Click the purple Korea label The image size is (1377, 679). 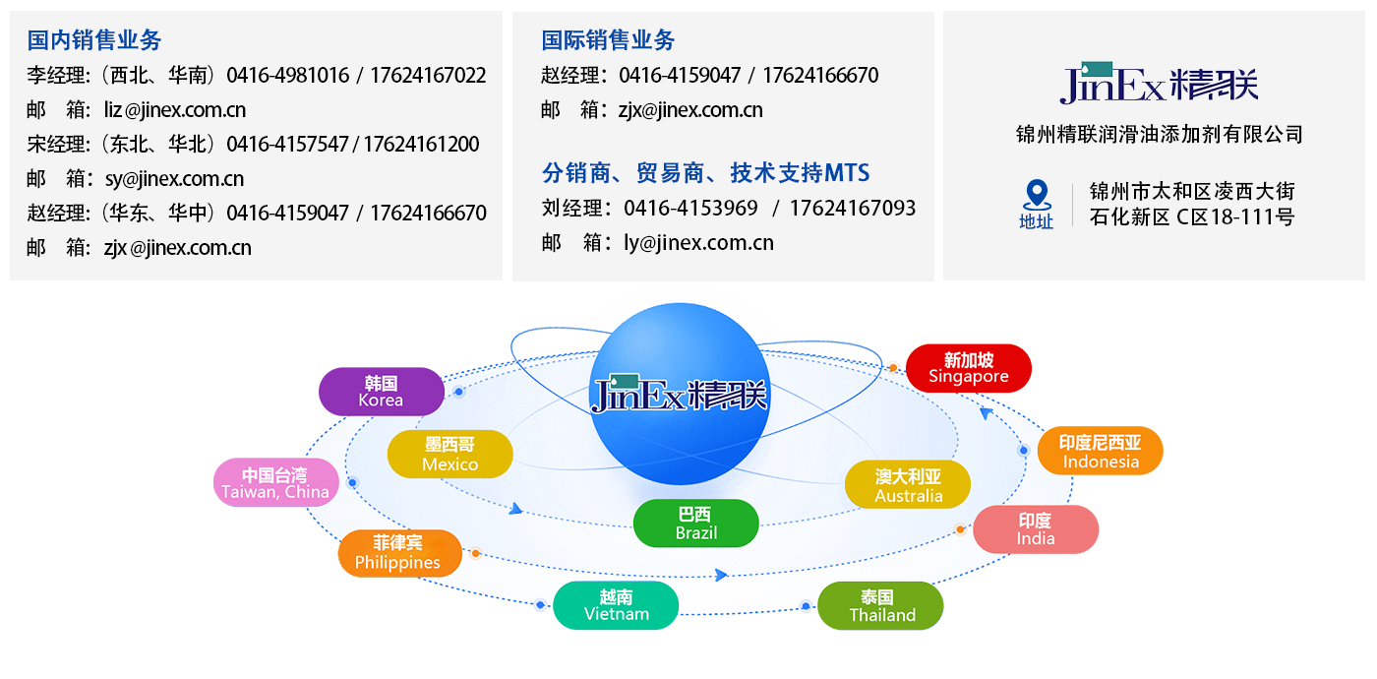click(x=381, y=392)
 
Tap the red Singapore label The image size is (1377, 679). click(x=968, y=368)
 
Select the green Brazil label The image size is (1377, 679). click(x=695, y=524)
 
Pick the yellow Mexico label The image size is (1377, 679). click(x=449, y=455)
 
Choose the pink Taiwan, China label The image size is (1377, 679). click(x=275, y=483)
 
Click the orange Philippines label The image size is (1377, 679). click(x=398, y=553)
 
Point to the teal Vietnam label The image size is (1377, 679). click(x=616, y=605)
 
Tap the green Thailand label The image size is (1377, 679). click(x=881, y=606)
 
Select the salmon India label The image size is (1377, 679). click(x=1035, y=529)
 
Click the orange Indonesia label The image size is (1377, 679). click(x=1100, y=452)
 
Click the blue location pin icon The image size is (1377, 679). click(x=1036, y=196)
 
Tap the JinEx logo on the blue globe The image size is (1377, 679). click(x=679, y=393)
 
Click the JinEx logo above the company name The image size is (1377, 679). click(x=1159, y=84)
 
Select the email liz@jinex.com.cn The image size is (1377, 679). click(x=175, y=110)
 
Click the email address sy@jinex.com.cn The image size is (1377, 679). click(x=174, y=179)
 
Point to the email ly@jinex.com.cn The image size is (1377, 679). click(x=698, y=243)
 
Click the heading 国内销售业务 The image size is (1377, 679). click(x=94, y=40)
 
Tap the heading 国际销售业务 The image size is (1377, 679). click(x=608, y=40)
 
